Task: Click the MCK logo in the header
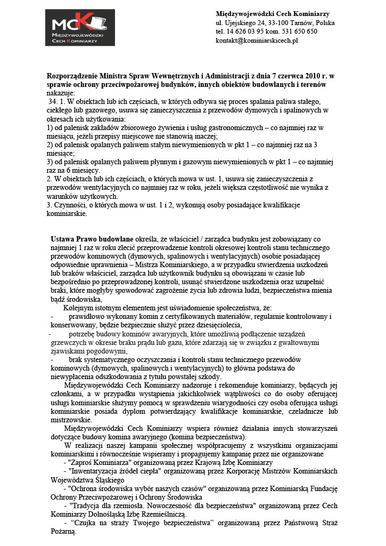84,28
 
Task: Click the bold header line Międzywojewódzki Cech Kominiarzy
272,13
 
